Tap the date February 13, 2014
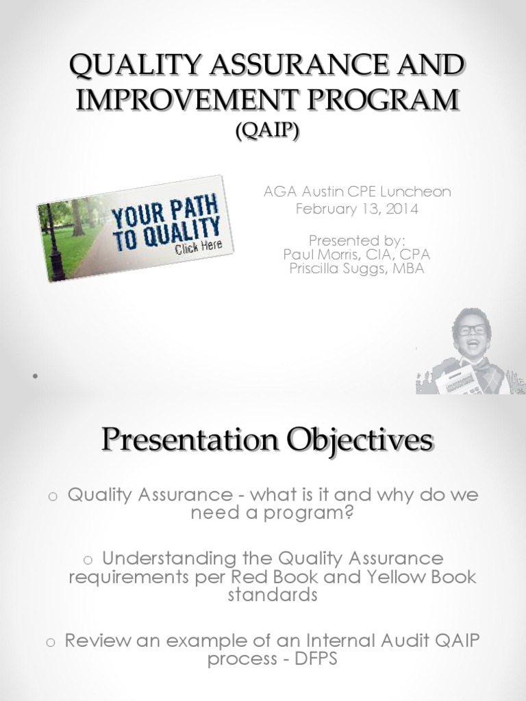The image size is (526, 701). click(357, 209)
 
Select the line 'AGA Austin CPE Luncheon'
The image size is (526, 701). click(357, 192)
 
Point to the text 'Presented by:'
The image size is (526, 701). click(357, 240)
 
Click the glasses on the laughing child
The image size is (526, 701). click(472, 330)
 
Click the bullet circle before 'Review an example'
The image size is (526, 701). click(49, 642)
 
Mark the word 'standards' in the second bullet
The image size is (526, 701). click(272, 594)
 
